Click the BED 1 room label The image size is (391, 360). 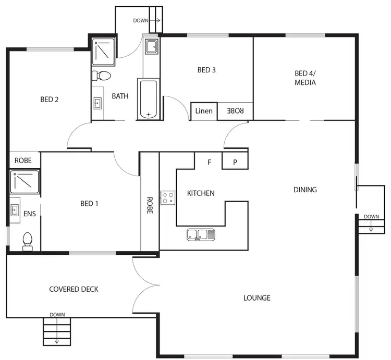(x=89, y=204)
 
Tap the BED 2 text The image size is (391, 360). (x=50, y=100)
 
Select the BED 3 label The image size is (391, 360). (x=206, y=70)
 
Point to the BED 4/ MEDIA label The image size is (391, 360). (x=305, y=78)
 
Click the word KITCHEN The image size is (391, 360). (x=201, y=193)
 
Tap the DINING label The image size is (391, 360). (x=305, y=190)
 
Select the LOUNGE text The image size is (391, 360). (x=256, y=298)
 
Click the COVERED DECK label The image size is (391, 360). (x=74, y=289)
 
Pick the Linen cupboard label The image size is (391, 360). (x=203, y=111)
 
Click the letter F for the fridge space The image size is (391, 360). (x=209, y=162)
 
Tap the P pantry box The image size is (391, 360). (x=235, y=162)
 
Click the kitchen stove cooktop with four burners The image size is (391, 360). (x=168, y=198)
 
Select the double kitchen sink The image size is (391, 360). (x=201, y=235)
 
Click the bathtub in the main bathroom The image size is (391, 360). (x=149, y=99)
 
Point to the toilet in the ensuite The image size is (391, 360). (x=28, y=241)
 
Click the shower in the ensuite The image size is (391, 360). (x=25, y=182)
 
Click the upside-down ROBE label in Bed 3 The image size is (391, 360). (x=235, y=111)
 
